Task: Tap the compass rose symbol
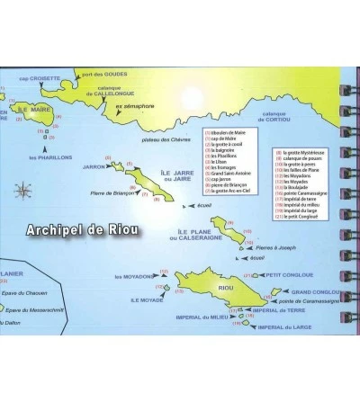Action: [x=22, y=189]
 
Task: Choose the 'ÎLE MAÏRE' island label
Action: [x=18, y=113]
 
